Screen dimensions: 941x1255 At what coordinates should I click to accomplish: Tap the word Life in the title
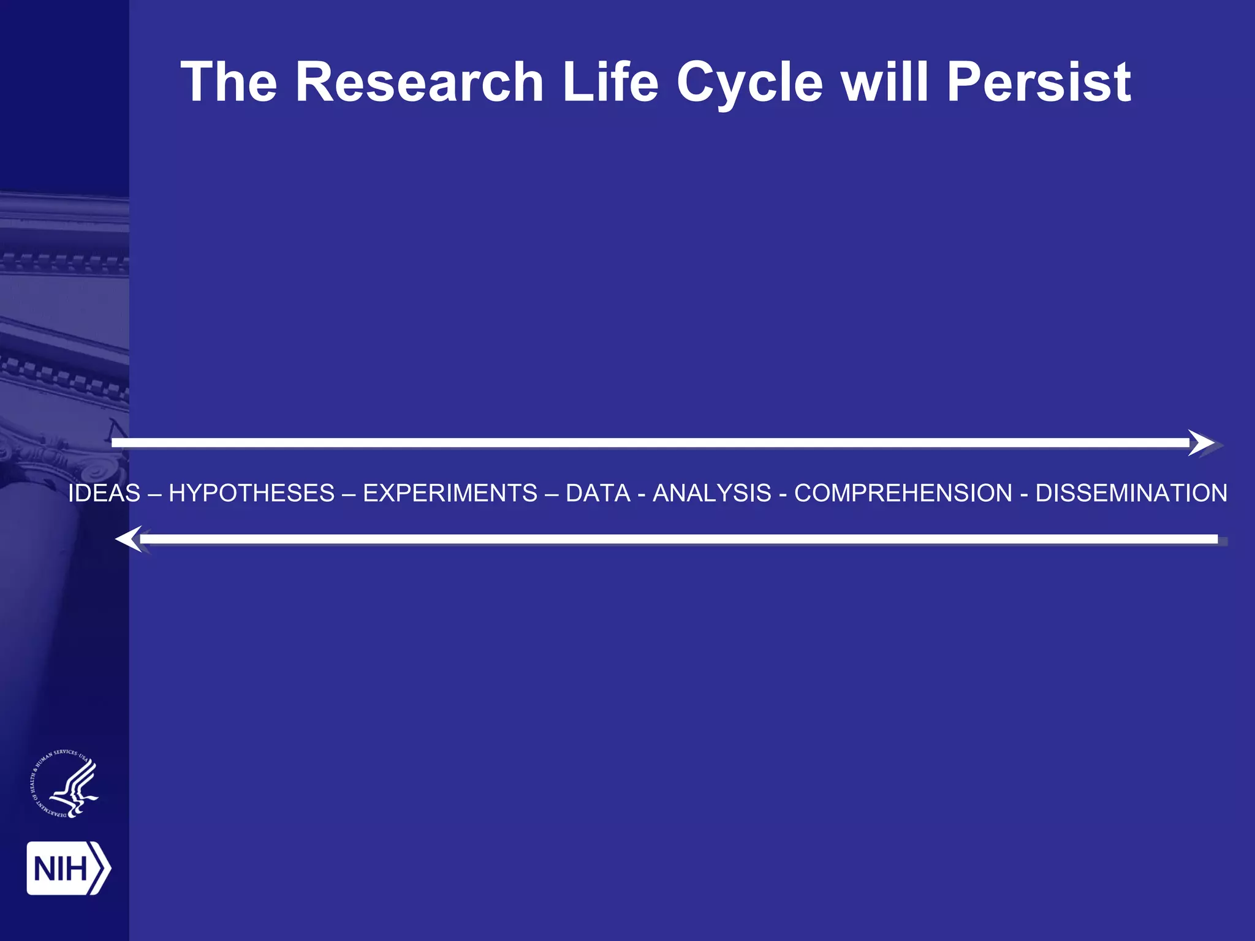pos(610,83)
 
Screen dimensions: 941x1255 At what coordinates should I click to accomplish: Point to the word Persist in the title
pos(1039,83)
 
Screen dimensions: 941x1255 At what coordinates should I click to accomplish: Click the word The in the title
pos(229,83)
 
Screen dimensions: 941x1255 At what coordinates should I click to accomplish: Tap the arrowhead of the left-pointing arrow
pos(129,539)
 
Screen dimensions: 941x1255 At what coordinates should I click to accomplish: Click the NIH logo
pos(68,868)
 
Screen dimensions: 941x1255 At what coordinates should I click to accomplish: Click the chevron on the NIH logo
pos(100,868)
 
